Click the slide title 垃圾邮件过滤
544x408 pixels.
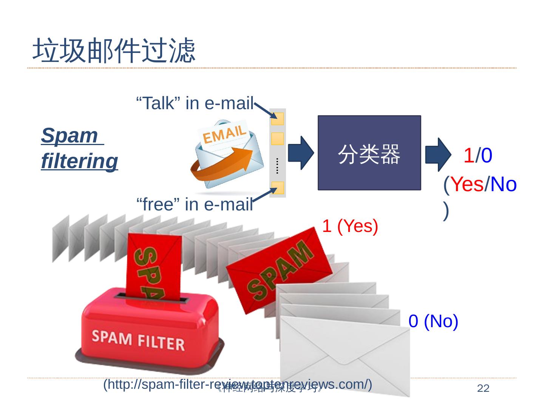(x=114, y=50)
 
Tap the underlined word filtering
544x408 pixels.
(x=80, y=161)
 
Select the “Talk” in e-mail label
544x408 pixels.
(x=194, y=103)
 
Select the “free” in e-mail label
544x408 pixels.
(x=194, y=204)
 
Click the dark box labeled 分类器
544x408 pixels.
(x=369, y=153)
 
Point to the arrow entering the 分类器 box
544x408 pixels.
(x=301, y=153)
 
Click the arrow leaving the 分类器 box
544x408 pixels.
(x=438, y=155)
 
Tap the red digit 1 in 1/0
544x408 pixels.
(x=468, y=155)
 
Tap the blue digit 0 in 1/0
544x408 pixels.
(x=487, y=155)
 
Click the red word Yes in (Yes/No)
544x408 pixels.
(x=467, y=184)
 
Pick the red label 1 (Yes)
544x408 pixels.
(x=350, y=226)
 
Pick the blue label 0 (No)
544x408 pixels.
(x=433, y=321)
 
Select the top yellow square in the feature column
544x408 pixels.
(x=278, y=119)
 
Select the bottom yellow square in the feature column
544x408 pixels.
(x=278, y=188)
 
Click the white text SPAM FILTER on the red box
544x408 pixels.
(x=138, y=340)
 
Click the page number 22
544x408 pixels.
(x=483, y=388)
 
